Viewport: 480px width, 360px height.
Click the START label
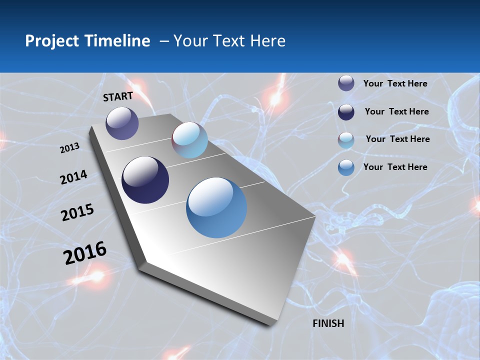(x=118, y=96)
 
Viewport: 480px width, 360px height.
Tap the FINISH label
(x=328, y=323)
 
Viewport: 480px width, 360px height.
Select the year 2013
(x=69, y=148)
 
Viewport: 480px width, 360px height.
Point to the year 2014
(x=73, y=177)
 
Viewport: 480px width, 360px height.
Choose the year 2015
(x=77, y=212)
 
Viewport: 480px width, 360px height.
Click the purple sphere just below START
(x=122, y=123)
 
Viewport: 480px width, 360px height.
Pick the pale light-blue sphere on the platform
(x=189, y=140)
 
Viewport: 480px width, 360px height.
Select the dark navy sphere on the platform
(x=145, y=180)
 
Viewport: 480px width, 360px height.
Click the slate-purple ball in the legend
(x=346, y=83)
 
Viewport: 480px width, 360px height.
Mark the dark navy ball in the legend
(x=346, y=112)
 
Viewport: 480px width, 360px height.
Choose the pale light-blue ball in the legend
(x=346, y=140)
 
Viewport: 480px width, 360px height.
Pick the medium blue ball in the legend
(x=346, y=167)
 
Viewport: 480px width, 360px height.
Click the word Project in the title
(x=51, y=41)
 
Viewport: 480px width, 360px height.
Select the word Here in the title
(x=267, y=41)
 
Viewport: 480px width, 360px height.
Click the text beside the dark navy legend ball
(x=396, y=111)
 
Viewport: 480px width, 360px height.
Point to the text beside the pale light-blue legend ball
(x=397, y=139)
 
